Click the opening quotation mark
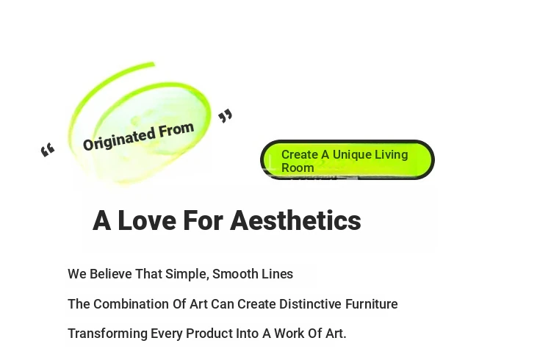point(48,150)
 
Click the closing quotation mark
point(226,116)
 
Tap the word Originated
point(120,139)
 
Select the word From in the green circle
point(176,129)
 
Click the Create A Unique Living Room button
point(347,160)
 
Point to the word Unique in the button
point(356,155)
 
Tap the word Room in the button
point(298,168)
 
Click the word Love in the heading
point(147,221)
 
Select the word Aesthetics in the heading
point(295,221)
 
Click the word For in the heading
point(203,221)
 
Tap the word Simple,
point(187,274)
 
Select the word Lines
point(277,274)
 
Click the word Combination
point(131,304)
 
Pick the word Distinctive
point(310,304)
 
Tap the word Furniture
point(372,304)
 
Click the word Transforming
point(107,334)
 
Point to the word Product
point(209,334)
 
